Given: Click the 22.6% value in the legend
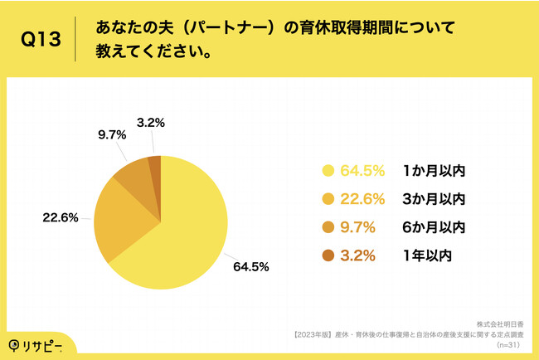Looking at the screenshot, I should pyautogui.click(x=363, y=199).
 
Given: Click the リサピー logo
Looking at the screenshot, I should pyautogui.click(x=37, y=344).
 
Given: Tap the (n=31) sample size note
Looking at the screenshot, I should pyautogui.click(x=513, y=343).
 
